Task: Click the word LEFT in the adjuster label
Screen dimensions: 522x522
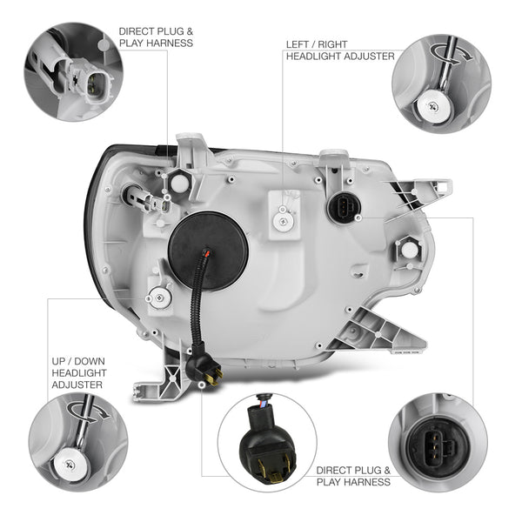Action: [298, 44]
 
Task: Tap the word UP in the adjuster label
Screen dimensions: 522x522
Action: [59, 361]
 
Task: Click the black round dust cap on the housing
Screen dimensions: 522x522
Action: [208, 251]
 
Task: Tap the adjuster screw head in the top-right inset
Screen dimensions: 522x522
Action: [434, 106]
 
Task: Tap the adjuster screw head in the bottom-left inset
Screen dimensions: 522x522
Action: [71, 465]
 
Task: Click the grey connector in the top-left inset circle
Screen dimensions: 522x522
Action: [84, 78]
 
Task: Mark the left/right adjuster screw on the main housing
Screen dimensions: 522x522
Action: [284, 220]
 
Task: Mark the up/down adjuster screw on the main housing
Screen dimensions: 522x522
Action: [160, 298]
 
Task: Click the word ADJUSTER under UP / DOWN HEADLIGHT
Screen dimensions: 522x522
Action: [77, 385]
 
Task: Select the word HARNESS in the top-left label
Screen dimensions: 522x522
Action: [170, 43]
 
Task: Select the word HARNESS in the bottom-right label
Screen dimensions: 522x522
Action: [367, 482]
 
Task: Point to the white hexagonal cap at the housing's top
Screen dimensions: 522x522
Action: [180, 183]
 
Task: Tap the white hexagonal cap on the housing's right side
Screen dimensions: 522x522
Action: [409, 250]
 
